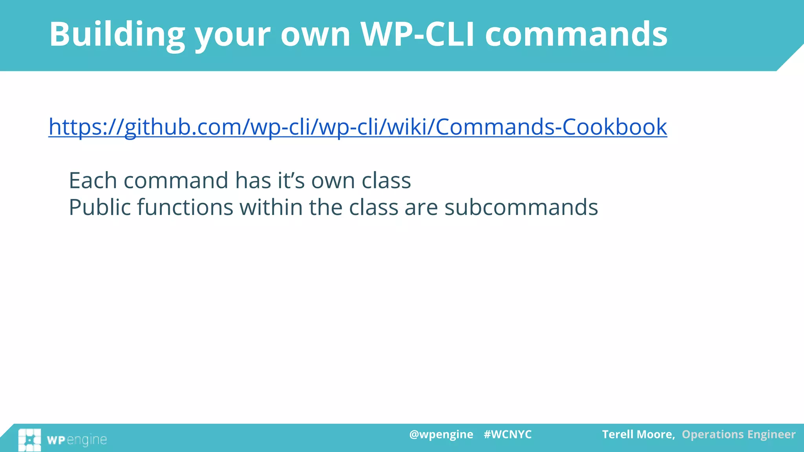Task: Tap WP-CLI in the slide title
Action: tap(417, 35)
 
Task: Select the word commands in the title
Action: tap(576, 35)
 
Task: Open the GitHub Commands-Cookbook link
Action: tap(358, 127)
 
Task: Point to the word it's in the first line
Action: tap(291, 180)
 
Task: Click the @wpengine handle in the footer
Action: tap(441, 434)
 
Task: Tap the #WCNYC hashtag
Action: tap(508, 434)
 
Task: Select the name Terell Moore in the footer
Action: tap(638, 434)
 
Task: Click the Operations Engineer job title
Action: tap(738, 434)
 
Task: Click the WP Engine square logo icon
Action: tap(29, 440)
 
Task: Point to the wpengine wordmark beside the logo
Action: tap(77, 440)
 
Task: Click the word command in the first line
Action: tap(175, 180)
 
